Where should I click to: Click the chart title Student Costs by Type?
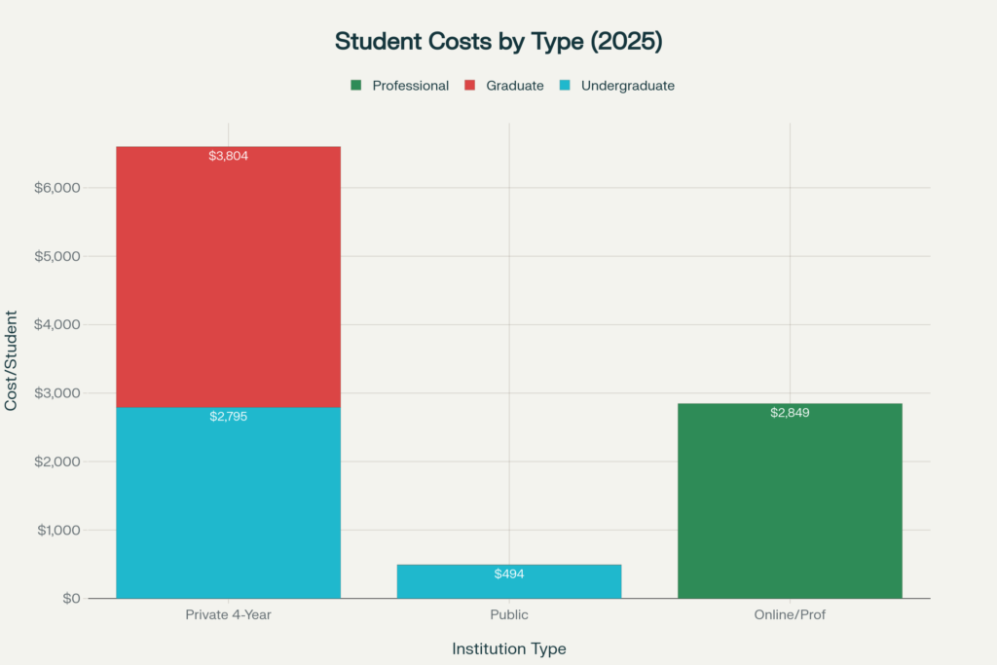(x=498, y=41)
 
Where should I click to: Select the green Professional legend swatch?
(x=356, y=86)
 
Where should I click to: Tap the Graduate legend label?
(x=515, y=86)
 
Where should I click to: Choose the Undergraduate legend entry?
(x=627, y=86)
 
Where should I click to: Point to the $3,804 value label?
(x=229, y=156)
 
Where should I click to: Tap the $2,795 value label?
(x=229, y=417)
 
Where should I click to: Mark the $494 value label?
(x=508, y=574)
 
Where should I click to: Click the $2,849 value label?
(x=790, y=413)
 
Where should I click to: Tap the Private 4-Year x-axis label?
(x=228, y=615)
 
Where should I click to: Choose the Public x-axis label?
(x=508, y=615)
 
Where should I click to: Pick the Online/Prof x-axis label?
(x=790, y=615)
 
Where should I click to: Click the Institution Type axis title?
(x=508, y=648)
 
